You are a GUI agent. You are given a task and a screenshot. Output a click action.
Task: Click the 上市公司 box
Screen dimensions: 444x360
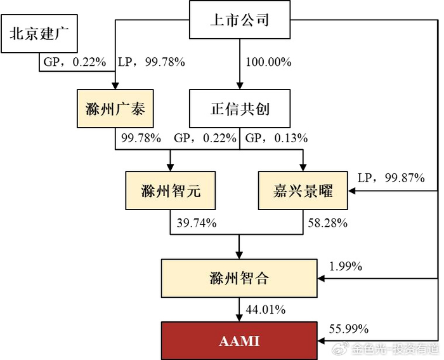[x=240, y=20]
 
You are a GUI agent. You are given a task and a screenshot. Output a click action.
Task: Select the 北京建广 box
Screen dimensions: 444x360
[x=39, y=34]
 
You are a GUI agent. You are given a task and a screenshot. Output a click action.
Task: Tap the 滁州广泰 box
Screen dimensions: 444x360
[x=115, y=109]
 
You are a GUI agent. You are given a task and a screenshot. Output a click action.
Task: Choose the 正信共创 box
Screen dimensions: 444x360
[x=240, y=109]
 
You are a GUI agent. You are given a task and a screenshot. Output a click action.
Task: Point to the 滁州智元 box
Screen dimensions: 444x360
[x=171, y=190]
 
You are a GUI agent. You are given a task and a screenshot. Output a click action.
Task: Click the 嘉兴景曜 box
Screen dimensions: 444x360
[x=303, y=190]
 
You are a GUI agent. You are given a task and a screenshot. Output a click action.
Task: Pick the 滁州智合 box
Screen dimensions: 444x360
[x=239, y=278]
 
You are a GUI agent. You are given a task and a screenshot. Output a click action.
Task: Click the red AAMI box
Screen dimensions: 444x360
[x=239, y=341]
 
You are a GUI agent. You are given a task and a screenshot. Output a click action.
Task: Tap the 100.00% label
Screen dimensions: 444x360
[x=268, y=62]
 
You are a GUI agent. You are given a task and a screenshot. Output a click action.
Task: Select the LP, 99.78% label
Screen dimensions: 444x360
[x=152, y=62]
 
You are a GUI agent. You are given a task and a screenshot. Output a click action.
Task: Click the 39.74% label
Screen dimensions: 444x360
[x=197, y=223]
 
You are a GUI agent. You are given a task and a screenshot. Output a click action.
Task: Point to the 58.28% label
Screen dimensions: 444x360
[x=328, y=223]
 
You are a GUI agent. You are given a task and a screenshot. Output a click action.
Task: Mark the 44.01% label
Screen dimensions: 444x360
[x=266, y=309]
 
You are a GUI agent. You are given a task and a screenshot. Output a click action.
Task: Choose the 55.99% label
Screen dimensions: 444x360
[x=349, y=329]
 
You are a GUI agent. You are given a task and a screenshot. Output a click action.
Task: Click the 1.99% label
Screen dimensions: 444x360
[x=346, y=267]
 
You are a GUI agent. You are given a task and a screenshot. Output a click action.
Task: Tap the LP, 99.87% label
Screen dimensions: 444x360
[x=391, y=178]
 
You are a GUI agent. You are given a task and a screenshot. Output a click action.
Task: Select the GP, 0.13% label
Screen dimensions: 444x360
[x=277, y=138]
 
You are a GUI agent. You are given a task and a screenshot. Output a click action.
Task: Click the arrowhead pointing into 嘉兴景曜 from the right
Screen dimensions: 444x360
[x=351, y=190]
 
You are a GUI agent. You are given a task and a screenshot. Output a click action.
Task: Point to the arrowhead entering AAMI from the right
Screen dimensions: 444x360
[x=321, y=341]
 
